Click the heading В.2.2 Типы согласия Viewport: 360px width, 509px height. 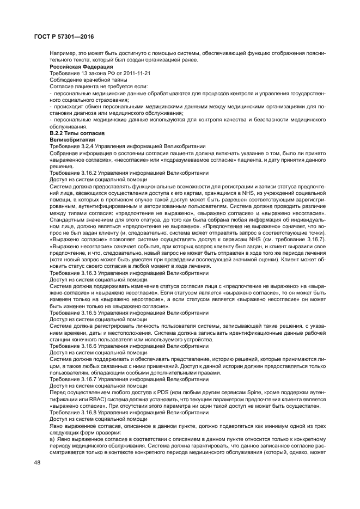point(74,134)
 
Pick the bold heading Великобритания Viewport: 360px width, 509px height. point(69,140)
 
